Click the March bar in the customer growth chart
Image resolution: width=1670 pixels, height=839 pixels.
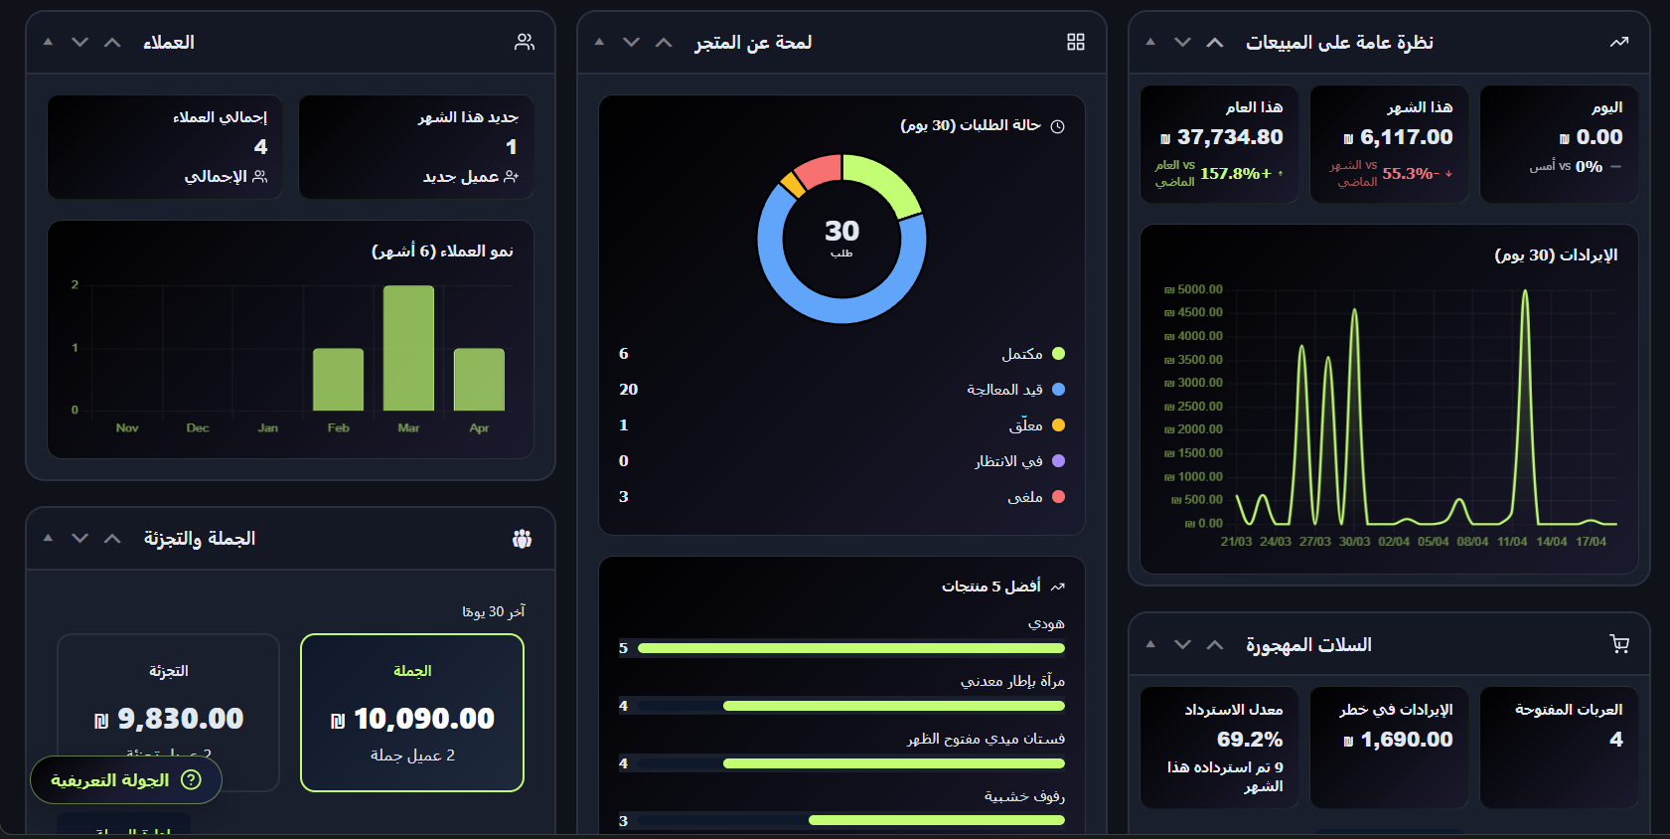pos(408,348)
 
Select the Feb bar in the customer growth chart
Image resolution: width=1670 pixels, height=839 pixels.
pos(338,379)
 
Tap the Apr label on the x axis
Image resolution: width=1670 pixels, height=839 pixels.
pos(479,428)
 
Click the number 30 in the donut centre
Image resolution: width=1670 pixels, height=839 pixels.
pos(841,231)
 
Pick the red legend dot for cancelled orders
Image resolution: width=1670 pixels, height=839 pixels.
pos(1058,497)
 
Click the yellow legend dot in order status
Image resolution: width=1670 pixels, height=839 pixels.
pos(1058,425)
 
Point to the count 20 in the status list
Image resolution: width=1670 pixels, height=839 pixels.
pos(628,390)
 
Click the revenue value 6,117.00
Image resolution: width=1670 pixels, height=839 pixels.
pos(1406,137)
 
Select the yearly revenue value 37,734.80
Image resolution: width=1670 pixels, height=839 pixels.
pos(1229,137)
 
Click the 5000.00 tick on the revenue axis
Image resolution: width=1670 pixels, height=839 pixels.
pos(1199,290)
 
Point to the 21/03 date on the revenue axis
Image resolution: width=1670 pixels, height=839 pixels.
pos(1236,542)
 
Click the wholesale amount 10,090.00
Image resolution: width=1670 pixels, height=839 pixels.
pos(423,719)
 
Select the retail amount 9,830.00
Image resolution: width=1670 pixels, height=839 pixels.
pos(180,719)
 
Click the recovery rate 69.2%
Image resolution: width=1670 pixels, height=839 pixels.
pos(1250,740)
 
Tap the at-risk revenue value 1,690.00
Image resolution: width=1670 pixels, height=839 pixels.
pos(1406,740)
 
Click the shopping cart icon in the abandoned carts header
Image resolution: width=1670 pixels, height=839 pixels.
pos(1619,644)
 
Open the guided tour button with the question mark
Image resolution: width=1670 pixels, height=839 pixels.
pos(126,780)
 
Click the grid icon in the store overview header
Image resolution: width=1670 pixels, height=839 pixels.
pos(1076,42)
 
